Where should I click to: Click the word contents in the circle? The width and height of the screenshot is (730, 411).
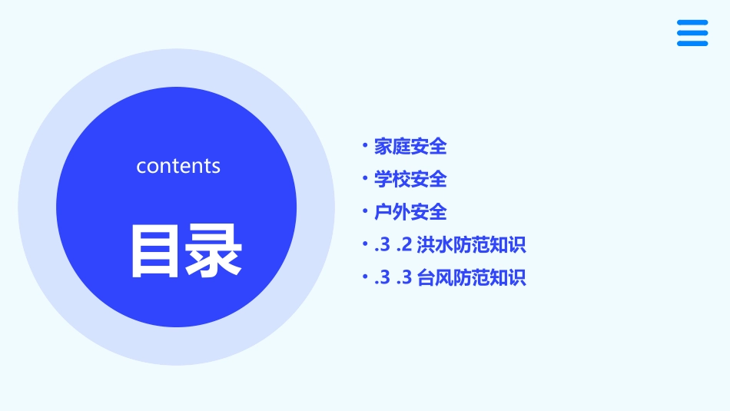pos(178,166)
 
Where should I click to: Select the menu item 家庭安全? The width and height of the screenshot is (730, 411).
pos(410,146)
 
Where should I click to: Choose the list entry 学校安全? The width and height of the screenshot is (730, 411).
pos(410,179)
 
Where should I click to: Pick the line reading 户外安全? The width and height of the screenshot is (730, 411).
pos(410,212)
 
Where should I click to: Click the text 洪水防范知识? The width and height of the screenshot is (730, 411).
pos(471,245)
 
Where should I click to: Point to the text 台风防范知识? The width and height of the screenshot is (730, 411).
pos(471,278)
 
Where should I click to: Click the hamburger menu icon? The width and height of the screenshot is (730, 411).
pos(692,33)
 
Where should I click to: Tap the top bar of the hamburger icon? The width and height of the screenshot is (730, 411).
pos(692,22)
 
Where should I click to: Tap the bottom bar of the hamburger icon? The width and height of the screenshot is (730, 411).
pos(692,44)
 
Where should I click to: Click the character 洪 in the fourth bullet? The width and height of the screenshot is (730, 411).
pos(426,245)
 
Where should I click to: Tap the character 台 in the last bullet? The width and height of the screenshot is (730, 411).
pos(426,278)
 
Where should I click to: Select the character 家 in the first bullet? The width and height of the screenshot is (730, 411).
pos(383,146)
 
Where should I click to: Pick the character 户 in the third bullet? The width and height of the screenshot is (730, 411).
pos(383,212)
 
